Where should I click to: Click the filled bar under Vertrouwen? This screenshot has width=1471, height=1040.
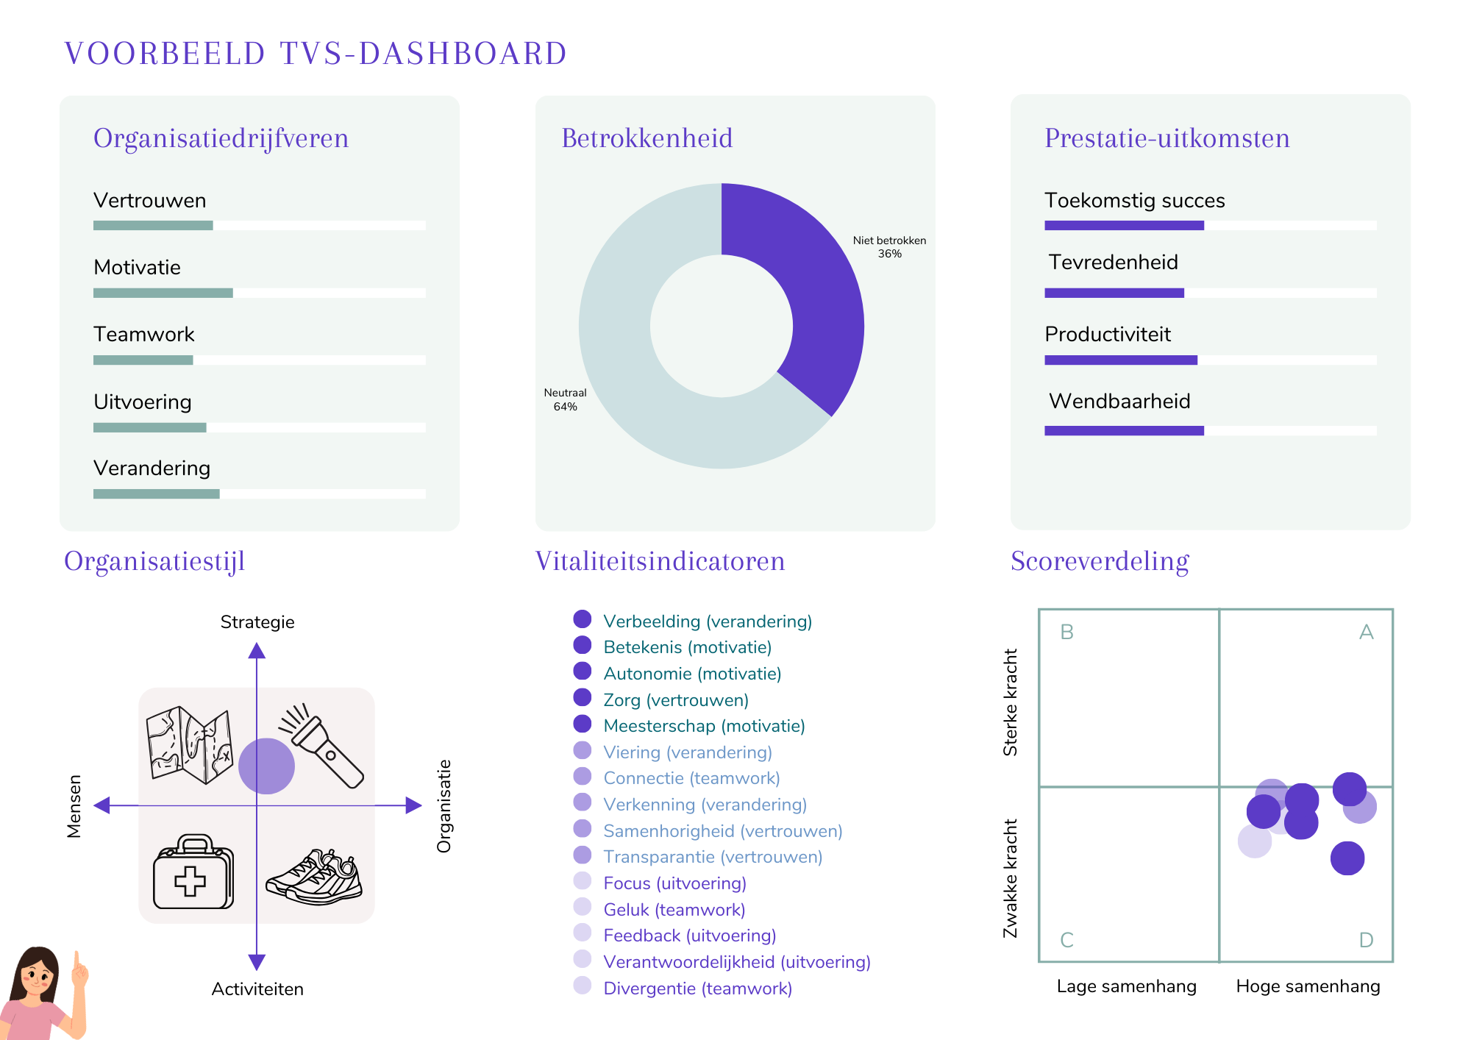pyautogui.click(x=153, y=225)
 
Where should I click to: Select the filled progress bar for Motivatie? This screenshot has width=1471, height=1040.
pyautogui.click(x=163, y=293)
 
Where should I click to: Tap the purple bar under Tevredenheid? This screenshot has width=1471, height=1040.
pyautogui.click(x=1114, y=293)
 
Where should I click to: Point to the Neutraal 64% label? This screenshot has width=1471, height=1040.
pyautogui.click(x=565, y=399)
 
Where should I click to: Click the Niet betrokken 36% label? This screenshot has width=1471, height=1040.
pyautogui.click(x=889, y=247)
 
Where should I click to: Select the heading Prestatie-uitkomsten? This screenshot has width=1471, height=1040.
pyautogui.click(x=1167, y=138)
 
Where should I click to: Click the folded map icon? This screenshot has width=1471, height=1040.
pyautogui.click(x=189, y=744)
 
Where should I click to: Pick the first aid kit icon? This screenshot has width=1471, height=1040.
pyautogui.click(x=193, y=872)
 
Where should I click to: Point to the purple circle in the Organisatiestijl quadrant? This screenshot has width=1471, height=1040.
pyautogui.click(x=266, y=766)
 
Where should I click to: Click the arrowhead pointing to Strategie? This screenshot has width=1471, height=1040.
pyautogui.click(x=257, y=650)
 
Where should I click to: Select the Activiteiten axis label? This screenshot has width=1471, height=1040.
pyautogui.click(x=257, y=989)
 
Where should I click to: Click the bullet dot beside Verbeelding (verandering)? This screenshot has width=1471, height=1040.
pyautogui.click(x=583, y=619)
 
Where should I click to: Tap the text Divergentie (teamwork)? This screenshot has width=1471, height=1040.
pyautogui.click(x=697, y=988)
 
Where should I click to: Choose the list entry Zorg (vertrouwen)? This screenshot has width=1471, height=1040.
pyautogui.click(x=675, y=699)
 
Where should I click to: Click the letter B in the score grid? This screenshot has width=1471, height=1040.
pyautogui.click(x=1066, y=632)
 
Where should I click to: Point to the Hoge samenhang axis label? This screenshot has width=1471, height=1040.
pyautogui.click(x=1308, y=986)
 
